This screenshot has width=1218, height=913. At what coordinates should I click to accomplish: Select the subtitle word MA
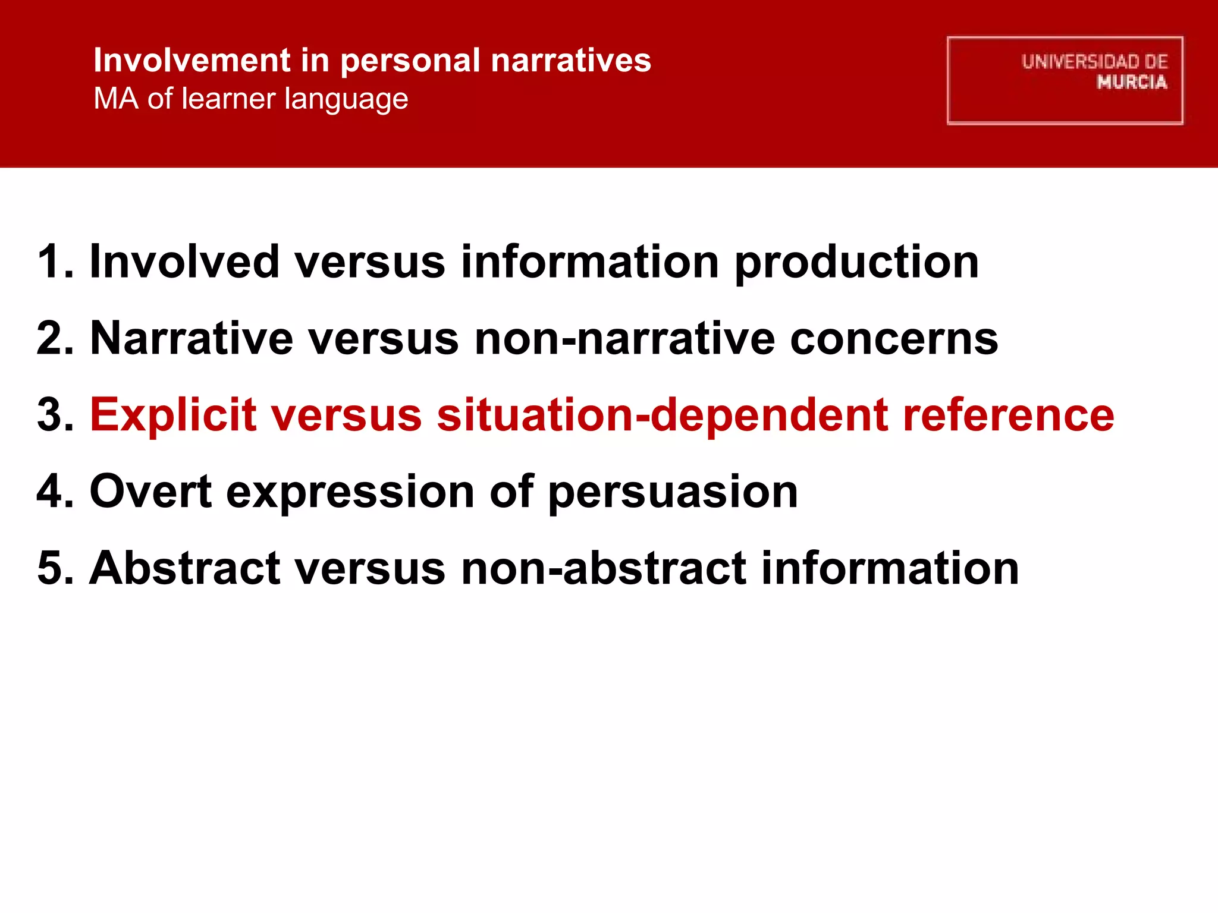pyautogui.click(x=116, y=99)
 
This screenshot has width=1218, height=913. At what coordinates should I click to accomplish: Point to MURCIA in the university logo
pyautogui.click(x=1132, y=82)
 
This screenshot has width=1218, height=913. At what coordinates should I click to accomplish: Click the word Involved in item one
pyautogui.click(x=184, y=262)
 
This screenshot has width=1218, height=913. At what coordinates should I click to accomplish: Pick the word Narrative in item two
pyautogui.click(x=192, y=338)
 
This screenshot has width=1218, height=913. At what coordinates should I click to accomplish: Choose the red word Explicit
pyautogui.click(x=173, y=415)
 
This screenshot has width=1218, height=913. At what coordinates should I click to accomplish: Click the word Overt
pyautogui.click(x=150, y=492)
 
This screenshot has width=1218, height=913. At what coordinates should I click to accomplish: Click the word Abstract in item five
pyautogui.click(x=184, y=568)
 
